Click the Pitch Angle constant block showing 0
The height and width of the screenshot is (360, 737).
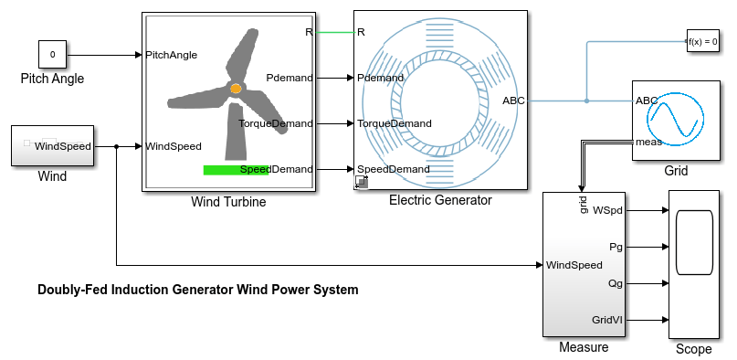(52, 55)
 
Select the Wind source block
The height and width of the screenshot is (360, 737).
(51, 146)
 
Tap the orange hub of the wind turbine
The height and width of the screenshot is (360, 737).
(236, 89)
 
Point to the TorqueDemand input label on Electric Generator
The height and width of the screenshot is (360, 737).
(394, 123)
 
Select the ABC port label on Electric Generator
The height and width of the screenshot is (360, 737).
(513, 101)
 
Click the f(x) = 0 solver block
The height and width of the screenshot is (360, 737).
(702, 41)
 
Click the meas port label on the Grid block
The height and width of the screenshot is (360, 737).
(648, 142)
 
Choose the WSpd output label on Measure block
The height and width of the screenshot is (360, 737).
(607, 210)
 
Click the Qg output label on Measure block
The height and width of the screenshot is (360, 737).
(615, 283)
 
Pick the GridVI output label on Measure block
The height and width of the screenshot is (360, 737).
(606, 320)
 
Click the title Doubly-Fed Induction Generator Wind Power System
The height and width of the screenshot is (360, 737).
(197, 290)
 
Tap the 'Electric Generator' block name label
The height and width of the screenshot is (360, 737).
(440, 200)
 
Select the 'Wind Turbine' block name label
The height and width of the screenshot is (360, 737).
(227, 202)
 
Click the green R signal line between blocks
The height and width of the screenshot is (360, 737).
(334, 32)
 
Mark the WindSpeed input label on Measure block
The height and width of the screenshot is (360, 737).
(574, 266)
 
